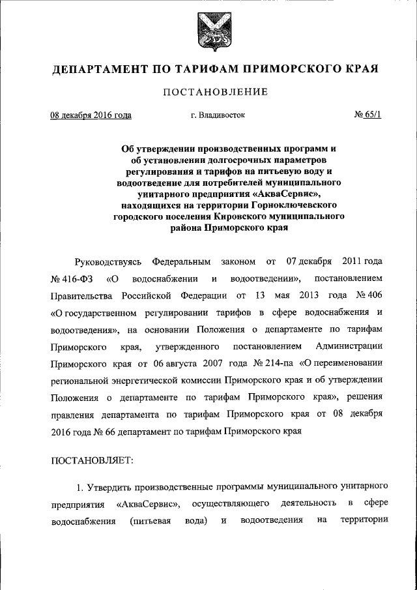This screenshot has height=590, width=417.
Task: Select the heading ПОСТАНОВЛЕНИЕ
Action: pyautogui.click(x=215, y=92)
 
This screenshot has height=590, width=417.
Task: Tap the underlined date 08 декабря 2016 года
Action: pyautogui.click(x=91, y=115)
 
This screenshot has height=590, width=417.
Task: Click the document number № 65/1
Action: pyautogui.click(x=367, y=115)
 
